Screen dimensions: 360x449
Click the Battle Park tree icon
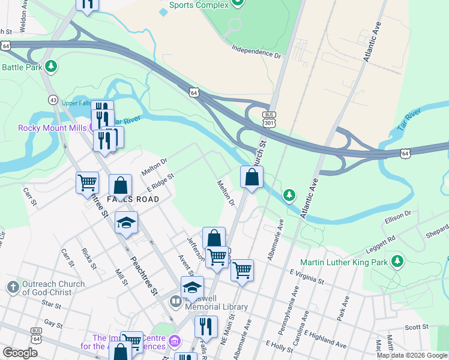tap(52, 66)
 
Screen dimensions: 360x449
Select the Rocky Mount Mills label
tap(53, 127)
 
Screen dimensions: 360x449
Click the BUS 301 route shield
tap(269, 119)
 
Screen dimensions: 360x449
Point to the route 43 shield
tap(53, 99)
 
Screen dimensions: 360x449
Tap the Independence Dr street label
tap(256, 53)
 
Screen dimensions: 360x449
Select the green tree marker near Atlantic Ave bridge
tap(289, 195)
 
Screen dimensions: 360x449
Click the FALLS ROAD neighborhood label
tap(133, 199)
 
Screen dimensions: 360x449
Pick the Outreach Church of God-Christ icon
tap(13, 288)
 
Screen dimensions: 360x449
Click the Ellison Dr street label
tap(398, 214)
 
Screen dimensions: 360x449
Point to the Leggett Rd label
tap(383, 239)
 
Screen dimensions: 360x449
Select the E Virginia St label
tap(306, 276)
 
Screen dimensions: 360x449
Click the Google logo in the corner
tap(20, 352)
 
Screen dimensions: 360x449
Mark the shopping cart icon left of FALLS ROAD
tap(88, 182)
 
